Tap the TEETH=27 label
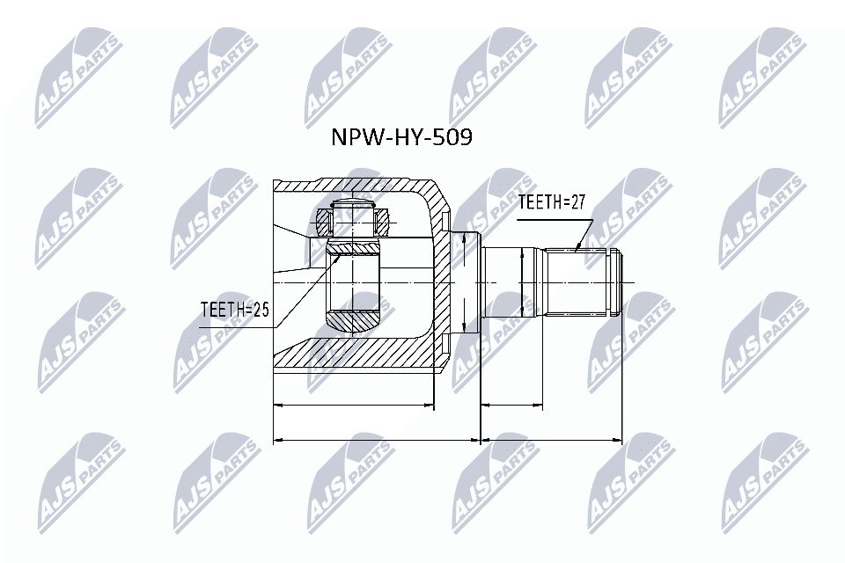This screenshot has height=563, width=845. pos(552,202)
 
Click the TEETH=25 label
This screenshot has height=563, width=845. pos(233,310)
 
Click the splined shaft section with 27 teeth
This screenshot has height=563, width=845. pos(577,281)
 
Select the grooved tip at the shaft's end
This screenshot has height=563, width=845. pos(618,281)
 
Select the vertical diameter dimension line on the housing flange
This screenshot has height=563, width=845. pos(464,281)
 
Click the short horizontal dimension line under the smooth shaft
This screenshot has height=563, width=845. pos(512,406)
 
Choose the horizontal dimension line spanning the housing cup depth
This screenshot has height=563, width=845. pos(355,406)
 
